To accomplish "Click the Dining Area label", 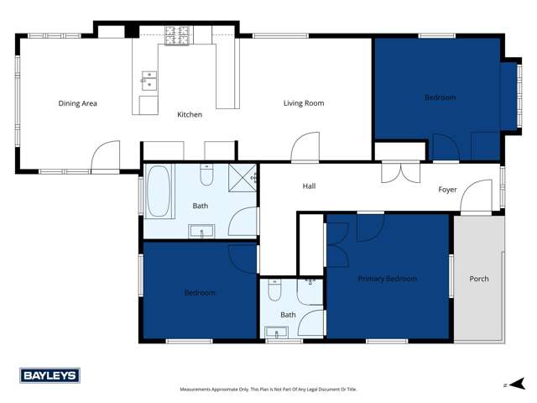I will pos(78,104).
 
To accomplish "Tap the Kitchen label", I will pos(190,114).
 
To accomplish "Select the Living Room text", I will pos(303,103).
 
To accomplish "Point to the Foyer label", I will pos(447,190).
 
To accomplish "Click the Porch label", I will pos(479,279).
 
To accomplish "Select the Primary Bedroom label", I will pos(387,279).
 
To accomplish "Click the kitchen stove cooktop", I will pos(178,36).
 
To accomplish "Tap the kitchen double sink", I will pos(148,81).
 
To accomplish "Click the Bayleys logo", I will pos(50,376).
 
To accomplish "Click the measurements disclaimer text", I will pos(268,390).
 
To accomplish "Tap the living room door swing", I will pos(304,147).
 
